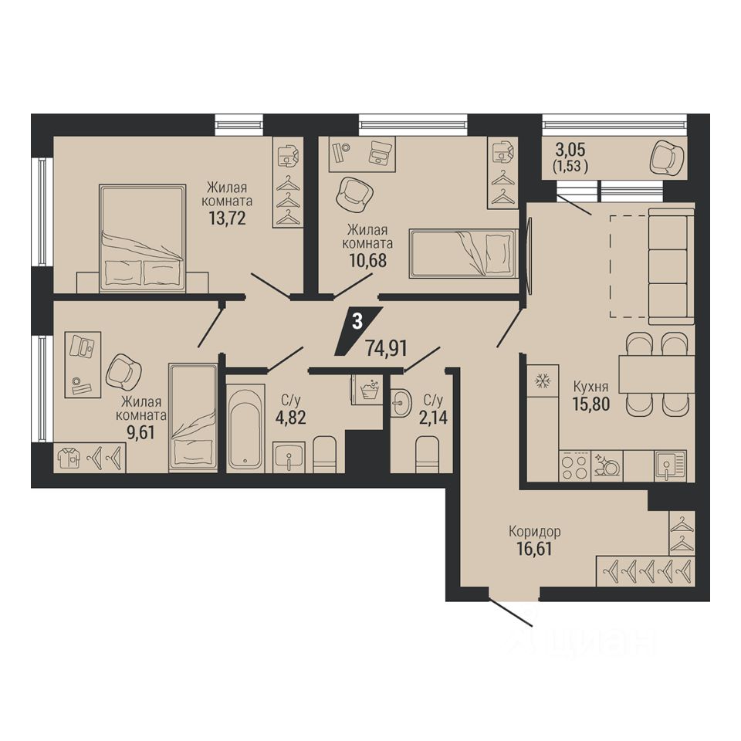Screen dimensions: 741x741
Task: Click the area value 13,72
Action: point(227,218)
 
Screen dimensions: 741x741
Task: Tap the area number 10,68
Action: point(367,260)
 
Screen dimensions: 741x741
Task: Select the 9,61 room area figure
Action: point(140,432)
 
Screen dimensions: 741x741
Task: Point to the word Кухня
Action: point(590,387)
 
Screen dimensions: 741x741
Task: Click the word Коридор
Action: point(534,532)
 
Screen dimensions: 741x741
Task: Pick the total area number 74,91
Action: point(386,348)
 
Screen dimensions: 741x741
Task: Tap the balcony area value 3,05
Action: point(570,149)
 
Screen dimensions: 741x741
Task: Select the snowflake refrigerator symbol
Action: point(540,381)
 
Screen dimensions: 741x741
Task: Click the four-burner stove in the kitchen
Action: point(574,466)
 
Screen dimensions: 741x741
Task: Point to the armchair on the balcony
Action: point(667,157)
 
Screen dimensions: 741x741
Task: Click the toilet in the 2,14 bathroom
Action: point(427,454)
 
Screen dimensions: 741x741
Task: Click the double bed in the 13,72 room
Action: point(142,238)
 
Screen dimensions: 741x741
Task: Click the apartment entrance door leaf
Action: point(511,612)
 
